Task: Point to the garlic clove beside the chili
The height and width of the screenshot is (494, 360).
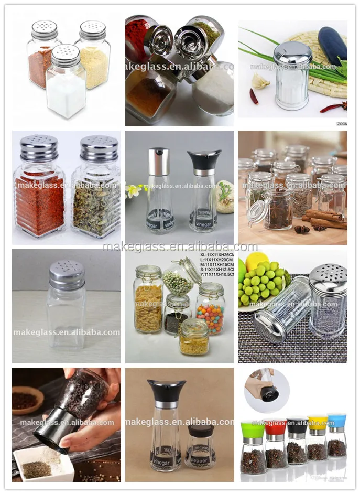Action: (260, 81)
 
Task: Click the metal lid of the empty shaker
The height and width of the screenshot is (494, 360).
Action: (67, 274)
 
